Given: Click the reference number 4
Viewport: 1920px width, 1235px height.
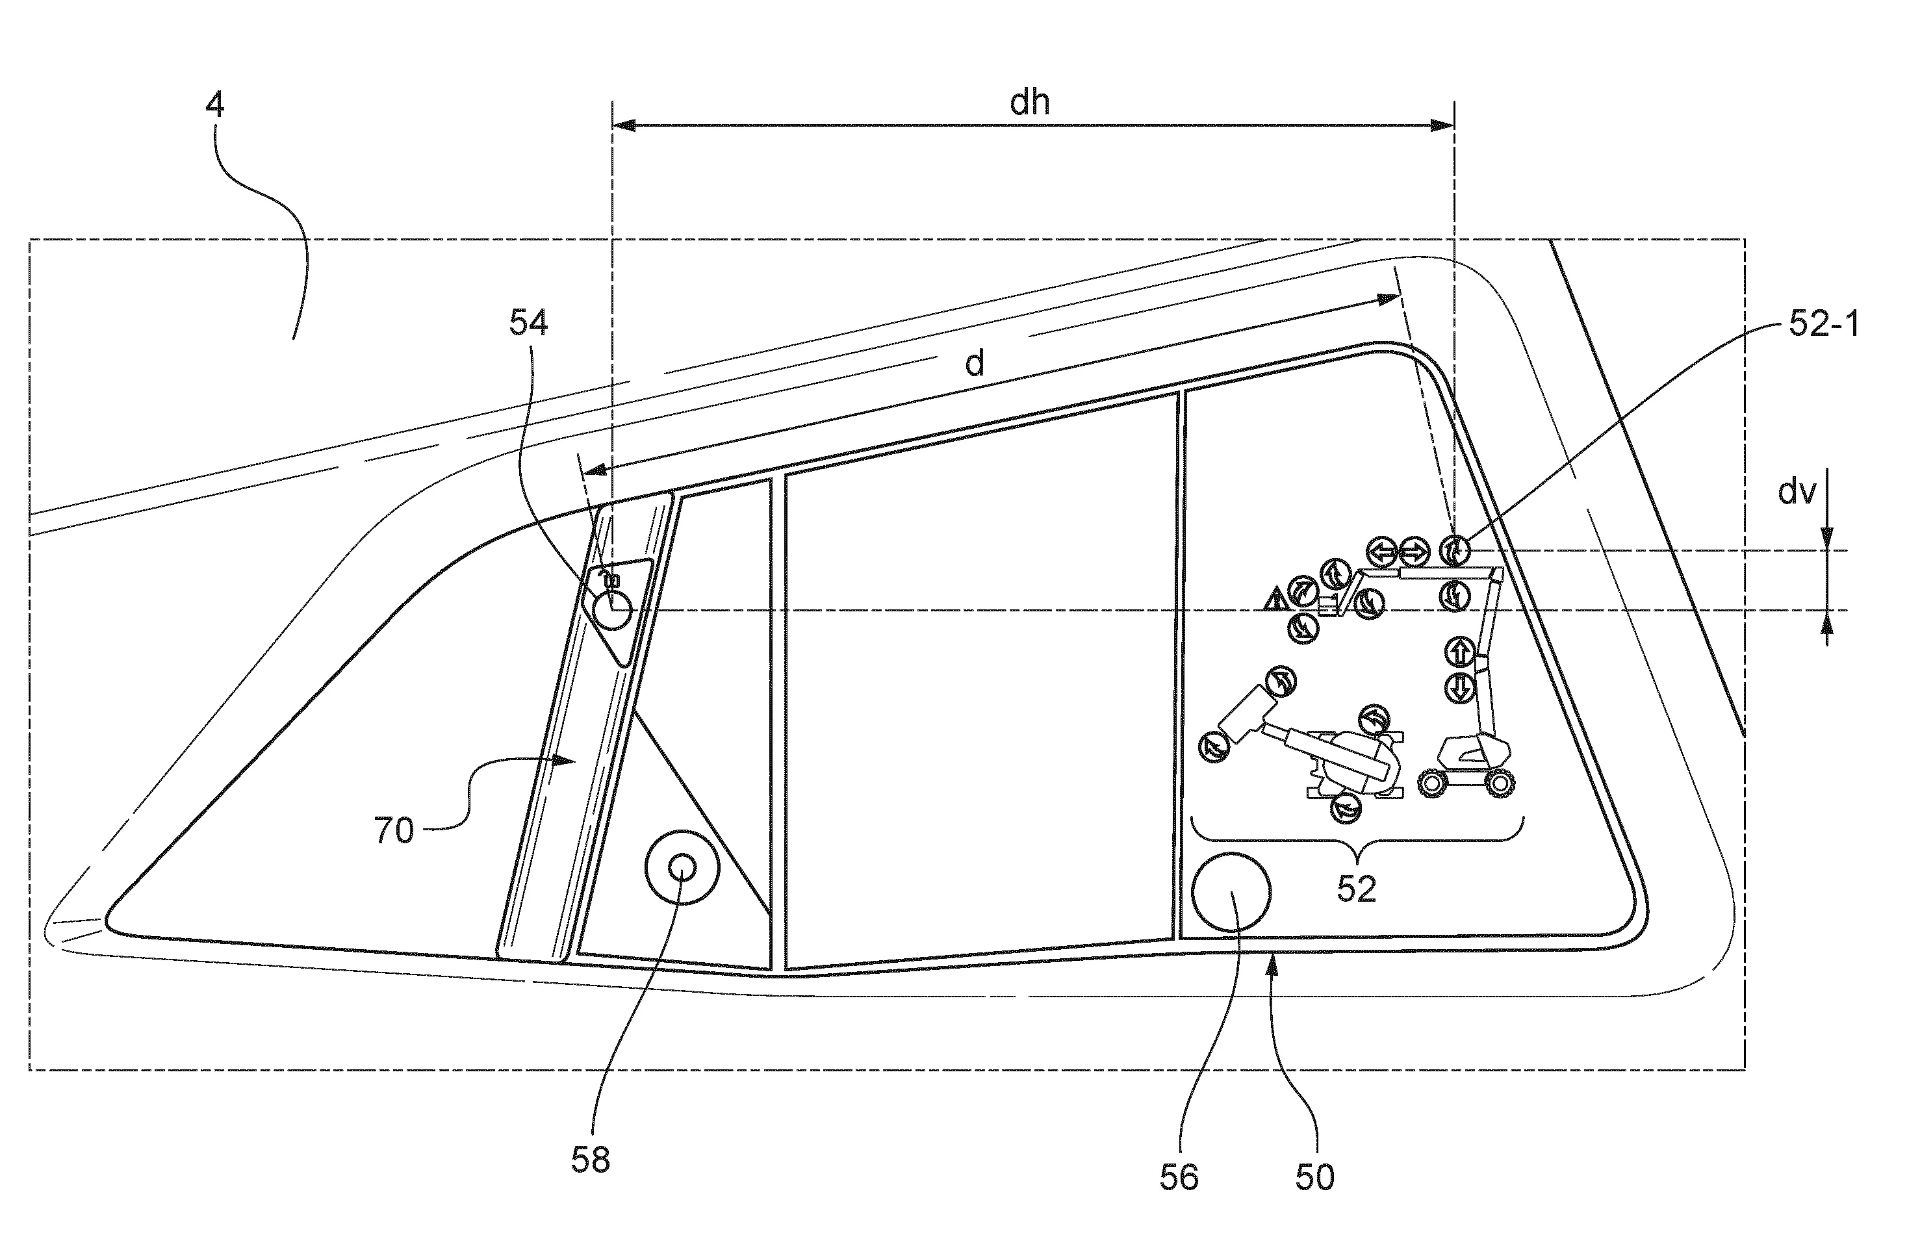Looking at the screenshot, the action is click(x=215, y=105).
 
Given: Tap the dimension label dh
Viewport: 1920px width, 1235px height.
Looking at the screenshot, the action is click(x=1030, y=103).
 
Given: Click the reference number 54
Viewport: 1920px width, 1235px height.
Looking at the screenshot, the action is click(x=528, y=322).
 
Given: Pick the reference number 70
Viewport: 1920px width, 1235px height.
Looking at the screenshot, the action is click(x=394, y=831).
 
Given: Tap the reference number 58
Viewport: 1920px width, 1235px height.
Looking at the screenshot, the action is click(x=590, y=1160).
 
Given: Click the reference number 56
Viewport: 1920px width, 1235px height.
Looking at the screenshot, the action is click(x=1179, y=1177).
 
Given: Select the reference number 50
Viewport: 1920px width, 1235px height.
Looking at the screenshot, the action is click(x=1314, y=1177).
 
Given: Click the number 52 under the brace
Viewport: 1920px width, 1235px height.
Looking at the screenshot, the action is click(x=1356, y=889).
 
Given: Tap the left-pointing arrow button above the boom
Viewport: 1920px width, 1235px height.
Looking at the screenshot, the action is click(x=1383, y=552).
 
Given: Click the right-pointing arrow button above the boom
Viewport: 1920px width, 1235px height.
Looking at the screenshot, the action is click(x=1414, y=552).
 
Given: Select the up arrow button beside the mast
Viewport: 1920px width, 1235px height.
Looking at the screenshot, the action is click(x=1459, y=651).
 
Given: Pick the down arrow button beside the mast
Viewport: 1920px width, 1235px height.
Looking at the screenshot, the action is click(x=1459, y=688).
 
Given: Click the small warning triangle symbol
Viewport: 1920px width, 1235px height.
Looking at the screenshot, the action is click(x=1275, y=599).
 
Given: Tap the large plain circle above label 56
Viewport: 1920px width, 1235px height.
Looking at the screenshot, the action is click(x=1231, y=892).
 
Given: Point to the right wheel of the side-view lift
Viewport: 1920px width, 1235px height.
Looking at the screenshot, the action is click(x=1498, y=783).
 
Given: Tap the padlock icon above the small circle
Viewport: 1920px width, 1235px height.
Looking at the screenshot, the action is click(x=613, y=578).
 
